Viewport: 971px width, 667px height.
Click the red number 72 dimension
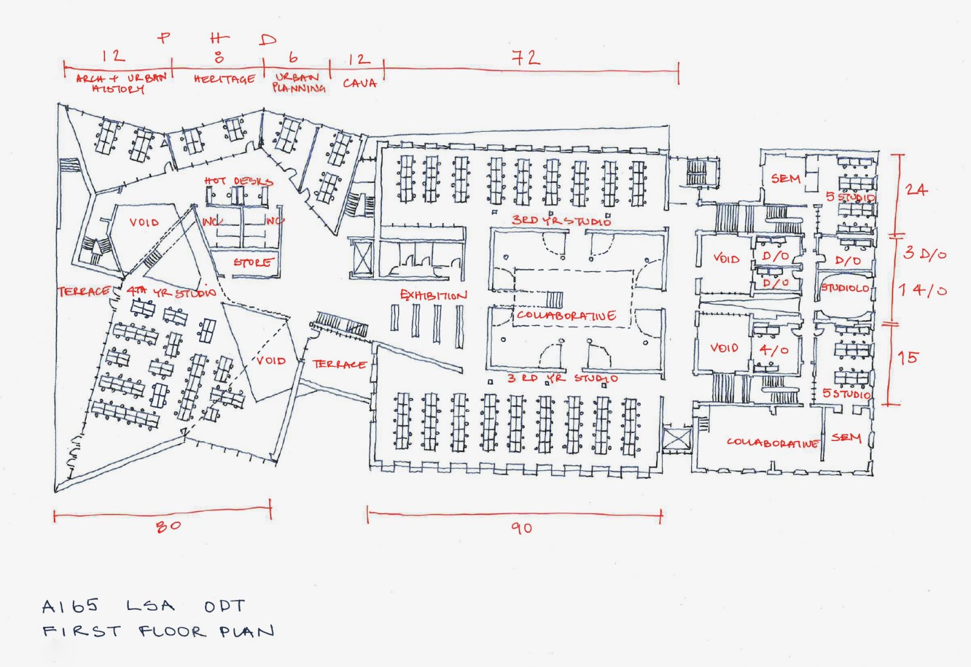coord(526,58)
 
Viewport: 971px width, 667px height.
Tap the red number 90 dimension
coord(521,528)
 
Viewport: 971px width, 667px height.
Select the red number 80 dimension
coord(168,526)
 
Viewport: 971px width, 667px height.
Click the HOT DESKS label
coord(239,181)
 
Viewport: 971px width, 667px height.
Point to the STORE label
coord(253,262)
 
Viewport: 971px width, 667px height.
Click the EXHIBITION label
coord(433,295)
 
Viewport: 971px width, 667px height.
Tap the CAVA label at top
coord(360,83)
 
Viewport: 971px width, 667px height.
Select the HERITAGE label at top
coord(225,80)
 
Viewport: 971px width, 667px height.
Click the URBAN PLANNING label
coord(298,83)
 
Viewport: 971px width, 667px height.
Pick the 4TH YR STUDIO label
coord(171,292)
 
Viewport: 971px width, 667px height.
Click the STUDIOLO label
coord(845,288)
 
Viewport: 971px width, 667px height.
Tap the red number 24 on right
coord(916,190)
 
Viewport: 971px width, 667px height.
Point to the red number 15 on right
coord(908,358)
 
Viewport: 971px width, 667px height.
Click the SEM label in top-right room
coord(785,179)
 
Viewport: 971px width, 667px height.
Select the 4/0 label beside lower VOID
coord(774,351)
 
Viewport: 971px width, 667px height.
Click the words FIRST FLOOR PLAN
coord(158,632)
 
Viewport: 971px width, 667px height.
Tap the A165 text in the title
coord(70,606)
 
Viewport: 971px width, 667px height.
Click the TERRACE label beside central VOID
coord(339,364)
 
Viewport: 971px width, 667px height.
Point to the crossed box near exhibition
coord(362,258)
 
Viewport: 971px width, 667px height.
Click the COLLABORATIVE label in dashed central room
coord(566,316)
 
